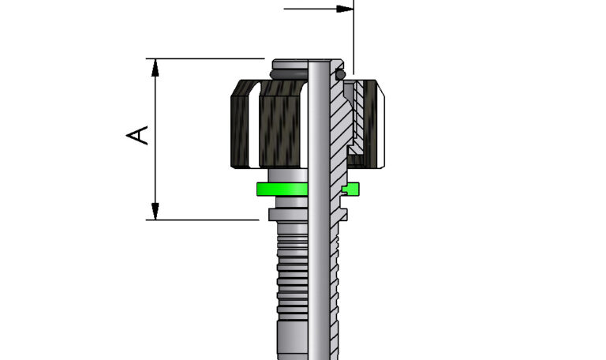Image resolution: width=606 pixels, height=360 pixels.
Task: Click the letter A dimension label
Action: (x=138, y=134)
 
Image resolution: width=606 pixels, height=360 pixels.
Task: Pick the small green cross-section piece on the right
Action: (x=352, y=188)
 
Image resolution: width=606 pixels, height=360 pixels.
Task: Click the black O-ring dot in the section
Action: (x=340, y=75)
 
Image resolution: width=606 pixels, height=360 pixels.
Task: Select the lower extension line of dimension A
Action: (x=205, y=219)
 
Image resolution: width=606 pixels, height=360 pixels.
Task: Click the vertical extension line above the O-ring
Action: (x=353, y=39)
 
